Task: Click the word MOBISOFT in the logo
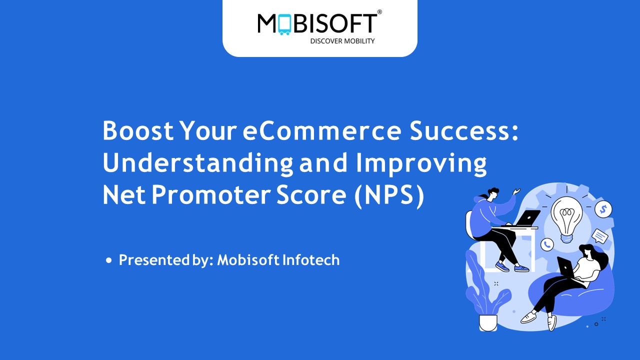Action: [317, 24]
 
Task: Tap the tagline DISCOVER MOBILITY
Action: [342, 41]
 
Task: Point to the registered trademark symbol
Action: [379, 12]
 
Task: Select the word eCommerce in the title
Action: [322, 131]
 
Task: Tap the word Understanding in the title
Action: [198, 163]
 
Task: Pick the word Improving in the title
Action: [420, 163]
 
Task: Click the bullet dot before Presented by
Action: [109, 261]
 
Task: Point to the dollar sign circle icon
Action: [603, 208]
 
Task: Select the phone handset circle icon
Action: [547, 244]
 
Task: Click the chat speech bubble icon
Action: [599, 235]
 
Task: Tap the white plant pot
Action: [488, 322]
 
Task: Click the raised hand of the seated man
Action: [515, 191]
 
